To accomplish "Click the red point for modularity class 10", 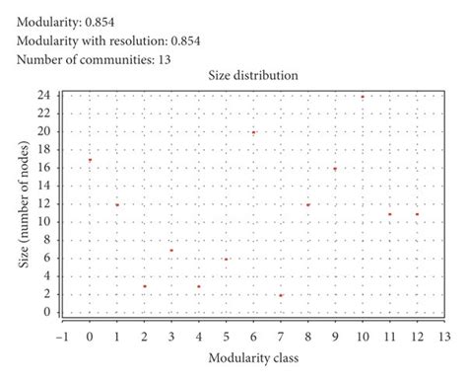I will tap(363, 97).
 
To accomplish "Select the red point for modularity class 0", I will tap(90, 160).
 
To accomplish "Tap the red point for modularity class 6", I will tap(253, 132).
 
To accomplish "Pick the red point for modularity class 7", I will tap(281, 295).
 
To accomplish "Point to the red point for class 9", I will tap(335, 169).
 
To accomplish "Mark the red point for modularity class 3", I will tap(171, 250).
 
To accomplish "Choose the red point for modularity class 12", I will tap(417, 214).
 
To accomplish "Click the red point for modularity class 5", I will tap(226, 260).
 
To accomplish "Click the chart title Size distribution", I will tap(253, 76).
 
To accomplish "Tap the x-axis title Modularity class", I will tap(253, 356).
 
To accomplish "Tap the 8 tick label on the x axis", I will tap(307, 336).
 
